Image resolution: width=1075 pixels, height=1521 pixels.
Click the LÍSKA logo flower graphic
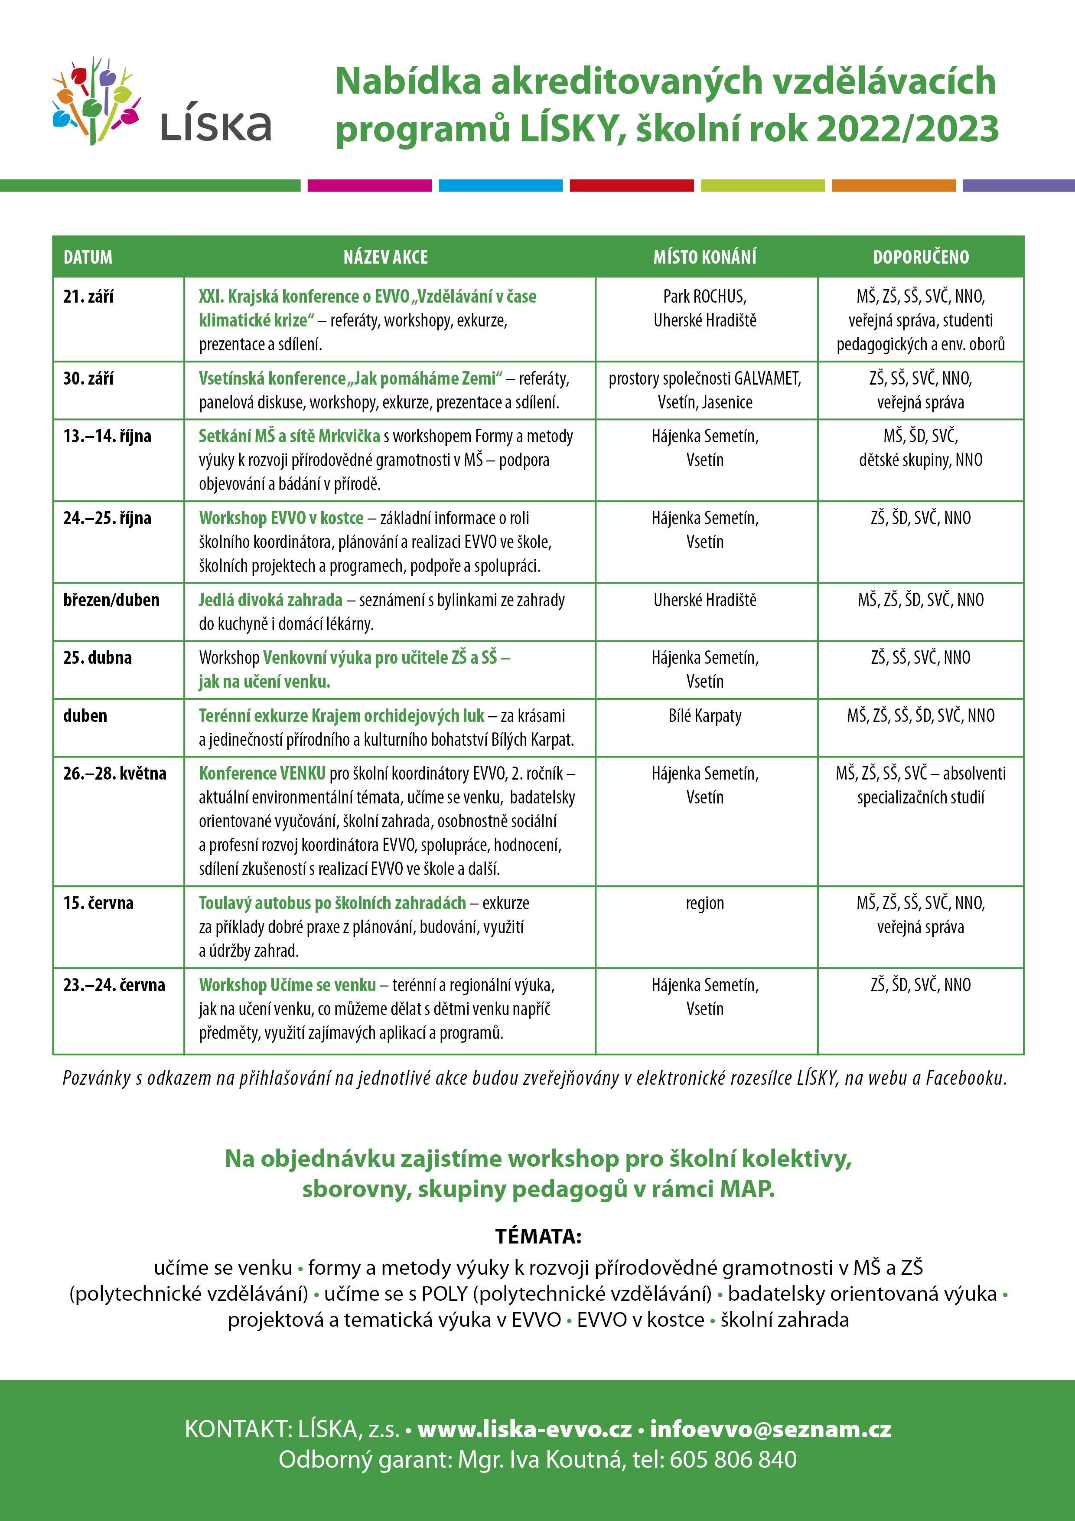(96, 101)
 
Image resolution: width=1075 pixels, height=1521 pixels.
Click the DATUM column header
(88, 257)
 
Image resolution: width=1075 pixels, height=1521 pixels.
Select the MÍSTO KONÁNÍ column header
(705, 257)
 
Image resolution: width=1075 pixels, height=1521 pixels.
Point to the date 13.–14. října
(107, 436)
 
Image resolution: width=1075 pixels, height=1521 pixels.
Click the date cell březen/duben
(111, 600)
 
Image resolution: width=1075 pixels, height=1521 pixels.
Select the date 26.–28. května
(114, 773)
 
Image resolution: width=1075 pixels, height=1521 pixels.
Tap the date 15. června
(98, 903)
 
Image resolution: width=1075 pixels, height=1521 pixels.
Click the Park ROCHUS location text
(705, 297)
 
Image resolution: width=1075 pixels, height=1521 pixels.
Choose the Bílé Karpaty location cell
(705, 715)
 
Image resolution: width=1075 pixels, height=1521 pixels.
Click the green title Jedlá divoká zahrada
(270, 600)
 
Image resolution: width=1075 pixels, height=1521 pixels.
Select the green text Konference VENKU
(262, 773)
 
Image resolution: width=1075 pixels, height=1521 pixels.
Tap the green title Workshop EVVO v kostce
(281, 518)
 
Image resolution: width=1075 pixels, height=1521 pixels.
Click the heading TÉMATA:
(538, 1236)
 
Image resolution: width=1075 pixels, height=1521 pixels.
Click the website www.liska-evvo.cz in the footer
(524, 1429)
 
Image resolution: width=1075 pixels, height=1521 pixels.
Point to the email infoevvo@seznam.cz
(770, 1429)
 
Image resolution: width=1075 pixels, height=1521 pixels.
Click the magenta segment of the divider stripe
(370, 186)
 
